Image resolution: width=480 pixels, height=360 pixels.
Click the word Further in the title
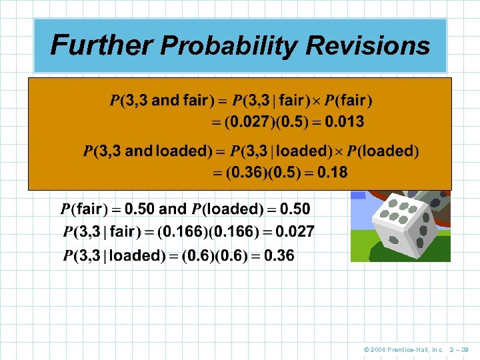pos(101,45)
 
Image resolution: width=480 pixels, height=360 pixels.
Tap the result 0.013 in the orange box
pos(341,122)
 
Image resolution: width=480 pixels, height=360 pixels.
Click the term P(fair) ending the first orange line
pos(349,101)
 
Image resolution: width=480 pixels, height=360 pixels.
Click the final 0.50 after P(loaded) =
pos(295,209)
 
